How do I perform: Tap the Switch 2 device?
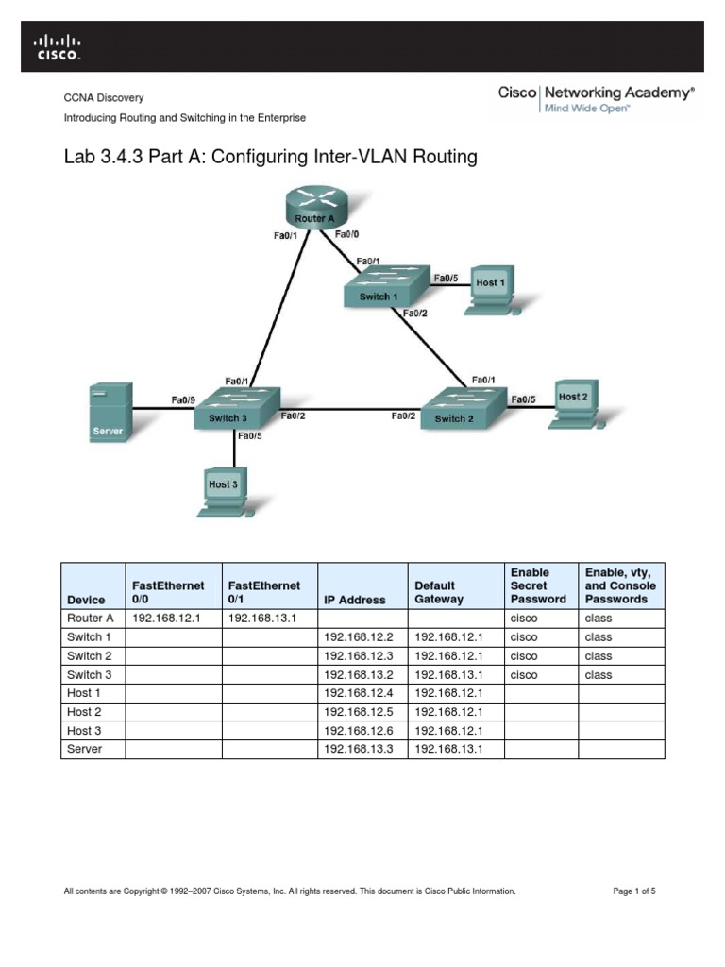[x=455, y=408]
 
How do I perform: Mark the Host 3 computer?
[x=223, y=489]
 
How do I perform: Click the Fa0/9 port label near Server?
[x=182, y=399]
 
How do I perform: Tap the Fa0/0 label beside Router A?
[x=346, y=234]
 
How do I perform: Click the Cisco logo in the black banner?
[x=58, y=46]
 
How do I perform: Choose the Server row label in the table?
[x=83, y=749]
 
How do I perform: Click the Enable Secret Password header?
[x=538, y=585]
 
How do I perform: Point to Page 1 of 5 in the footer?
[x=634, y=891]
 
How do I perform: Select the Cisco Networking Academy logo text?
[x=596, y=93]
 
